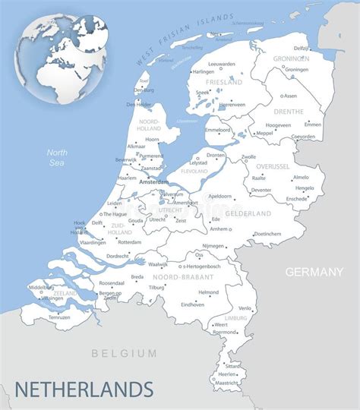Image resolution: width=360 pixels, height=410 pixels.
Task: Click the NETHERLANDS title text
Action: [x=84, y=389]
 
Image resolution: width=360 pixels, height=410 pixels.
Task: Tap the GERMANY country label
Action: [x=314, y=272]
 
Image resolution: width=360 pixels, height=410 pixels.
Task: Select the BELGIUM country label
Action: [x=124, y=353]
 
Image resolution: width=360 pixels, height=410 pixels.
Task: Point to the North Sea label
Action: [x=56, y=157]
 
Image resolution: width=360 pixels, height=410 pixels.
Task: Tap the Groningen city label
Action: [x=296, y=69]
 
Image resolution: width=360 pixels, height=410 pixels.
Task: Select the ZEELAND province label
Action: [x=65, y=292]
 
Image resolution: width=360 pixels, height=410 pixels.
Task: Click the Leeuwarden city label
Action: [x=222, y=64]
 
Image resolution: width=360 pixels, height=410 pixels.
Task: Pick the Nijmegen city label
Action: [x=213, y=246]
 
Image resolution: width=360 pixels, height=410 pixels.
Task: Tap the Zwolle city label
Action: [x=248, y=156]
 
